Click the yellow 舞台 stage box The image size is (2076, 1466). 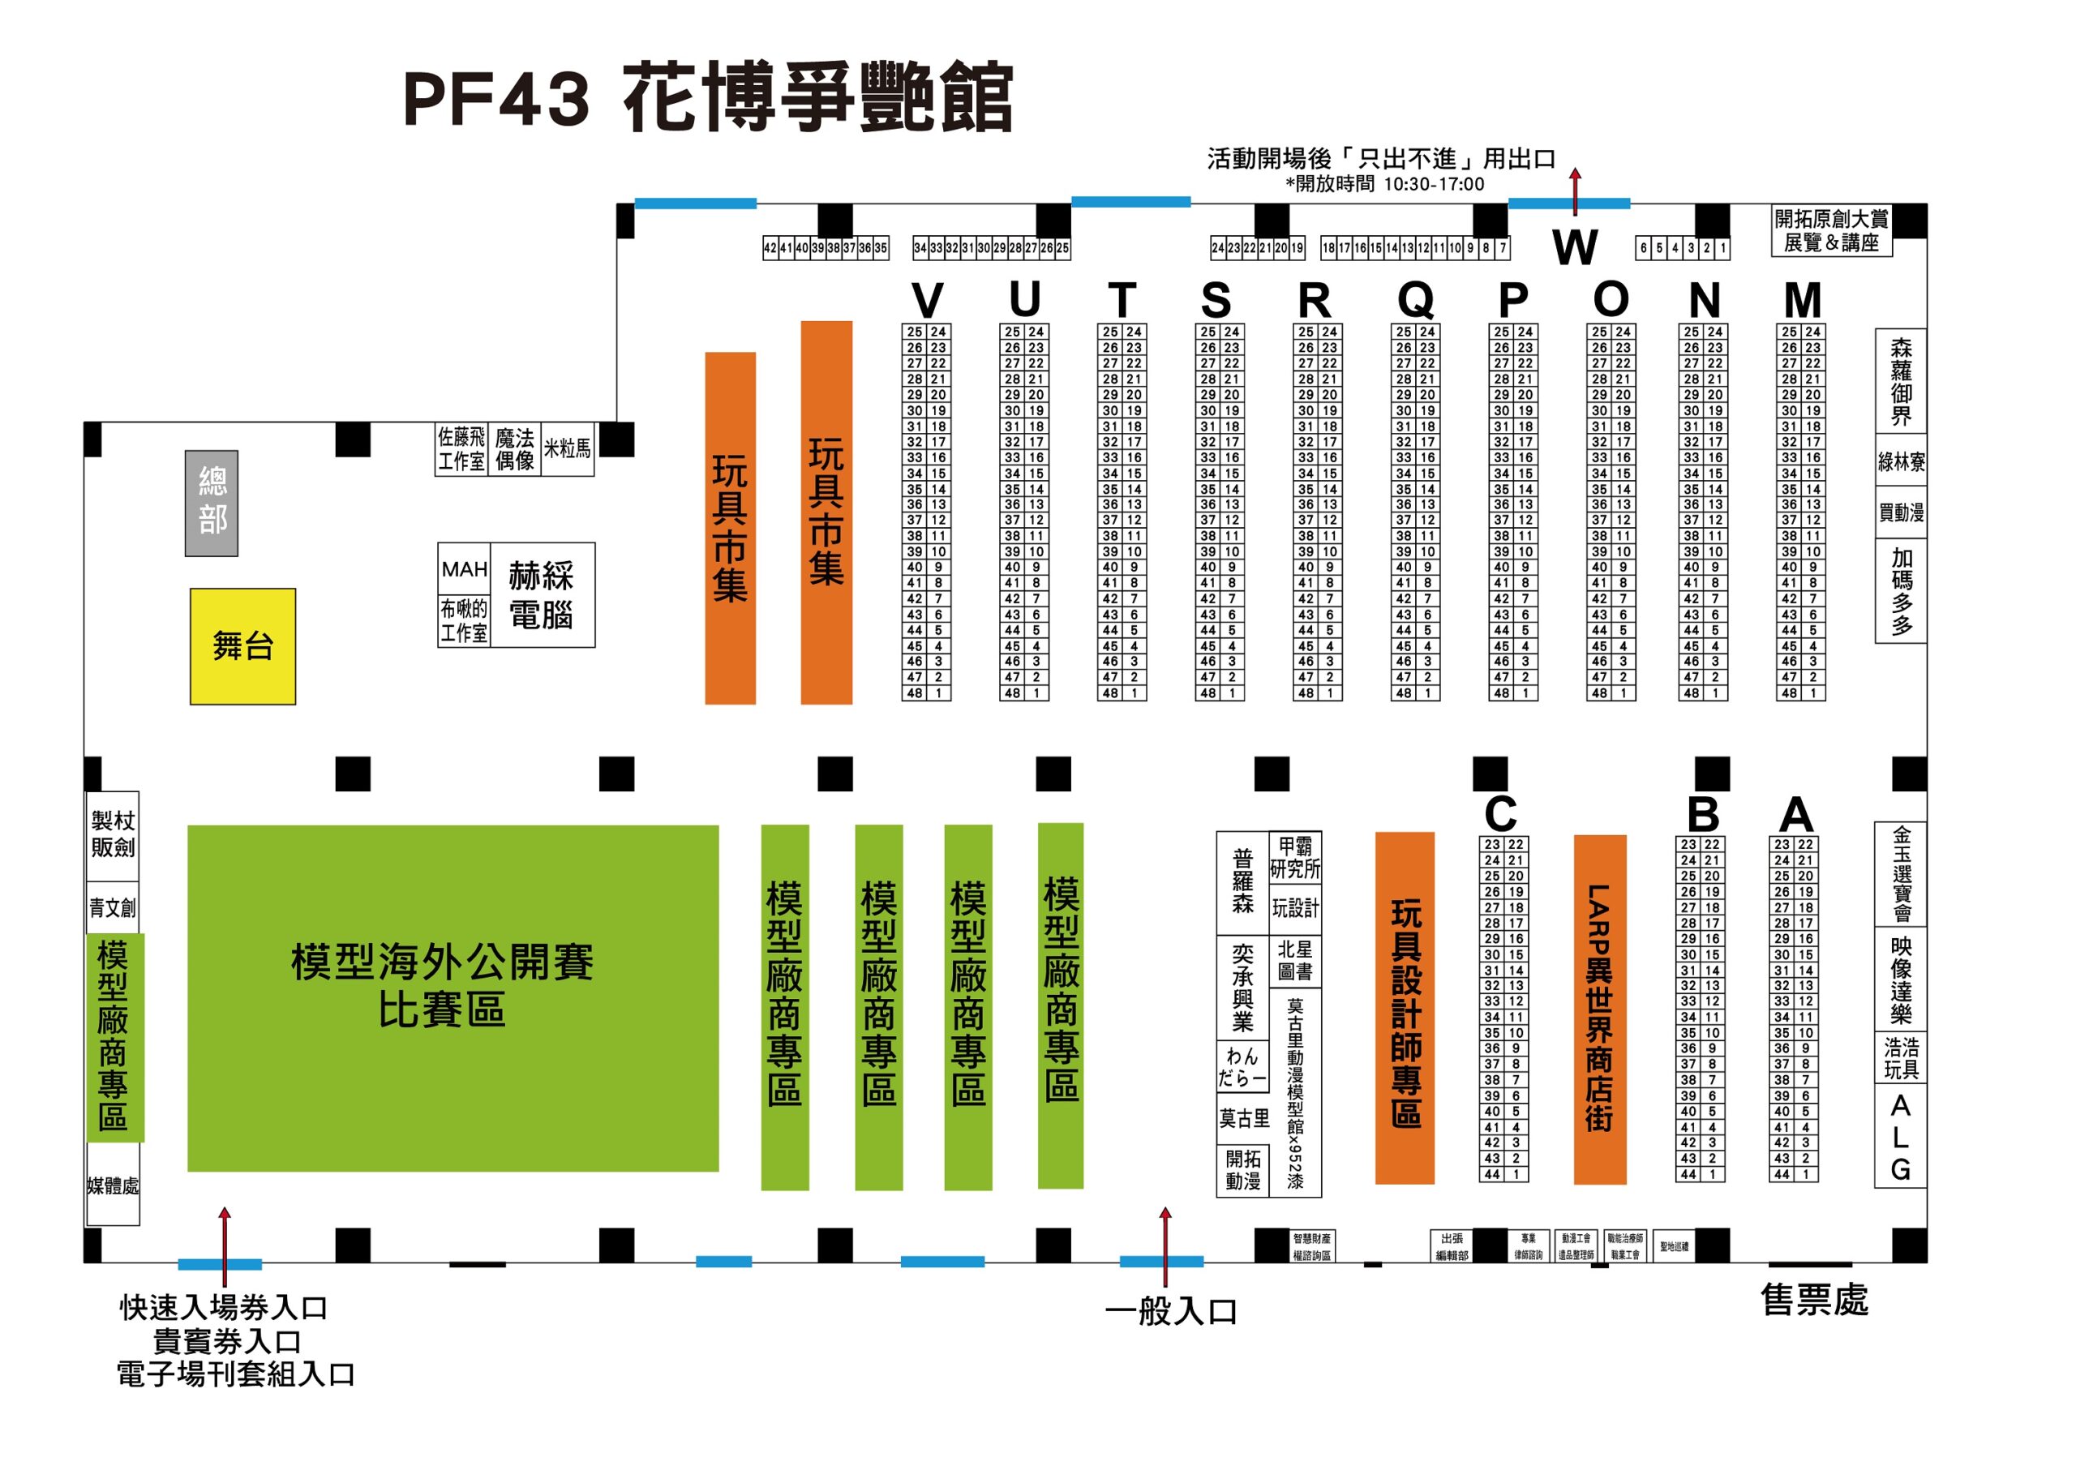click(x=242, y=646)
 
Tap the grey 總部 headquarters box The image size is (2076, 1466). click(x=212, y=503)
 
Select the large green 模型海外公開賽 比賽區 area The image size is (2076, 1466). click(x=452, y=998)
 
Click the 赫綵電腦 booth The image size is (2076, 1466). click(x=542, y=594)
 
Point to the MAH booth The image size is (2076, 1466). click(x=464, y=569)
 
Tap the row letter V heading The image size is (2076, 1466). click(x=927, y=300)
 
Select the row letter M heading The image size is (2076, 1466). click(x=1802, y=300)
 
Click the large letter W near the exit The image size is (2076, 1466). click(x=1575, y=246)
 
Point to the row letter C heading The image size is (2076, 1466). click(x=1500, y=813)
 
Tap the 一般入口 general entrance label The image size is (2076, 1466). click(x=1171, y=1311)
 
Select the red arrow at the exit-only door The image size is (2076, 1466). click(x=1575, y=190)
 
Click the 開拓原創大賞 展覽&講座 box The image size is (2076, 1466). click(x=1831, y=231)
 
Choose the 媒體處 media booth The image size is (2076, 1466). click(x=113, y=1185)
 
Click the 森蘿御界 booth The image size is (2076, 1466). click(x=1901, y=380)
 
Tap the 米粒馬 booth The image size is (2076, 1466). click(x=567, y=448)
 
